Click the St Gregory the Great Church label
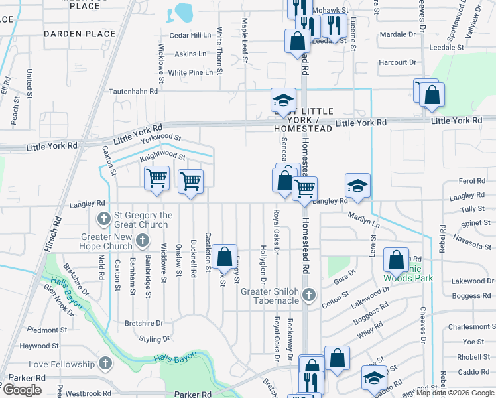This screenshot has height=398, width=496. coord(143,220)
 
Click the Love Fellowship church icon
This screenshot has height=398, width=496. coord(105,364)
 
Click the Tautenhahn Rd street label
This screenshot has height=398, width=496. coord(133,91)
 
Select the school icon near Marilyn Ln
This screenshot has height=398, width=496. coord(357,186)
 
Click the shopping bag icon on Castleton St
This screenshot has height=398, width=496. coord(225,257)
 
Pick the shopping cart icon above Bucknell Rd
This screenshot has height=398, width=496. coord(191,180)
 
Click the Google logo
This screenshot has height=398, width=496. coord(21,390)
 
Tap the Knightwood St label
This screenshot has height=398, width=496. coord(162,157)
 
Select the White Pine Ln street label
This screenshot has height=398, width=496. coord(190,72)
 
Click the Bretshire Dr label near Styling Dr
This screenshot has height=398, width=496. coord(144,323)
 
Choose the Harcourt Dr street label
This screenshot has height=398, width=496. coord(397,63)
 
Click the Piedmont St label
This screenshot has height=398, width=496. coord(38,330)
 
